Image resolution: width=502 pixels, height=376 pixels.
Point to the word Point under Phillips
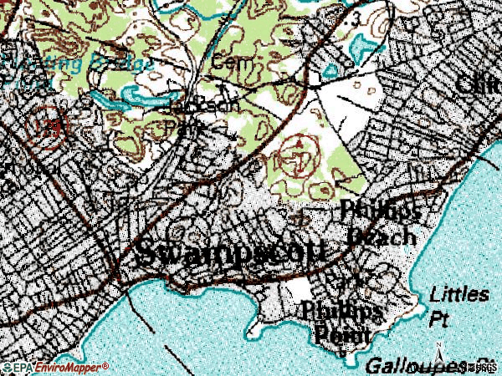tap(343, 334)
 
